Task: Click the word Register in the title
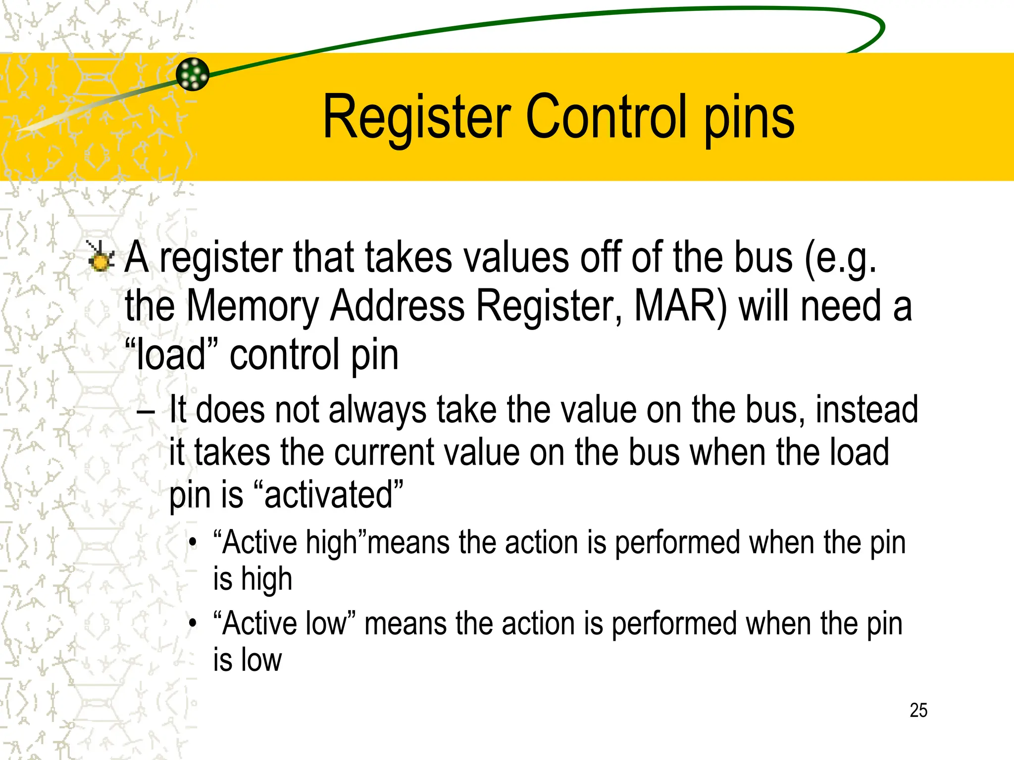point(417,118)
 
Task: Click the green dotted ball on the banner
point(193,74)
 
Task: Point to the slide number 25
point(918,710)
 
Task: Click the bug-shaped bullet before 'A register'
point(101,256)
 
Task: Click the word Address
point(398,306)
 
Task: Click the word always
point(377,411)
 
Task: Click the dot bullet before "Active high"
point(193,543)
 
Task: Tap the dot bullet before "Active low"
point(193,624)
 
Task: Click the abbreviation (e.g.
point(840,258)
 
